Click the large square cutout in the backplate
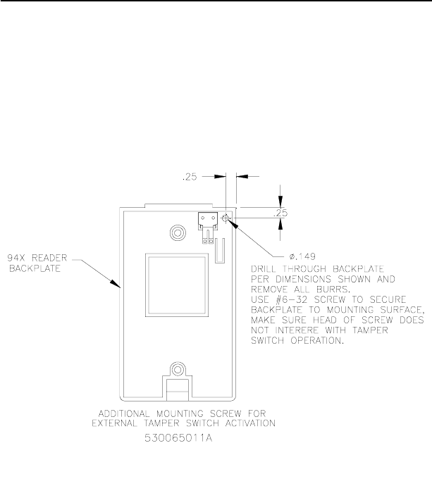pos(177,285)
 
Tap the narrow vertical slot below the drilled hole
pos(219,249)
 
